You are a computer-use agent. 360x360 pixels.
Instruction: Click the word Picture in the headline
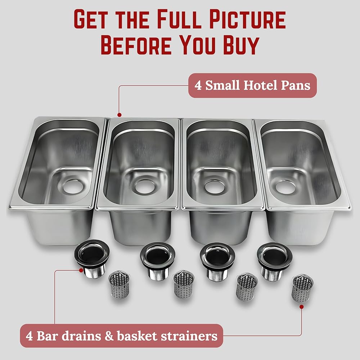[248, 19]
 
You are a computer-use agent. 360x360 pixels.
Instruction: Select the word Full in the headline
[179, 19]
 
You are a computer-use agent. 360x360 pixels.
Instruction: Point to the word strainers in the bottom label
[189, 336]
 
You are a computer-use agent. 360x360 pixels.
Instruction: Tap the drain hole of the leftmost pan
[72, 186]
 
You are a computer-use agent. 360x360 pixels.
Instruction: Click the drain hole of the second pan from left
[144, 186]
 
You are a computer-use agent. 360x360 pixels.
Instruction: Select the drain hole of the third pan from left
[215, 186]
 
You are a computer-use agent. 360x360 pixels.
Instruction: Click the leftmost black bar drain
[92, 258]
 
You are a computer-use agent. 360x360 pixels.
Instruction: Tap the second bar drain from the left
[158, 261]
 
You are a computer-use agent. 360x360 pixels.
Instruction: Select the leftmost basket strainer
[119, 284]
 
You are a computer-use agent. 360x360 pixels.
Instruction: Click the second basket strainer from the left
[184, 284]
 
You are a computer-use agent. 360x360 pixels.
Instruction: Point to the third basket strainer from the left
[247, 287]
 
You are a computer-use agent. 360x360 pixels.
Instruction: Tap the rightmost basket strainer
[302, 288]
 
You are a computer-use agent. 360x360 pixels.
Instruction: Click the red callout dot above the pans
[119, 115]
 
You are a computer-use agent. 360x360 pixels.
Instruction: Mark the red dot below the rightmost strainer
[301, 307]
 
